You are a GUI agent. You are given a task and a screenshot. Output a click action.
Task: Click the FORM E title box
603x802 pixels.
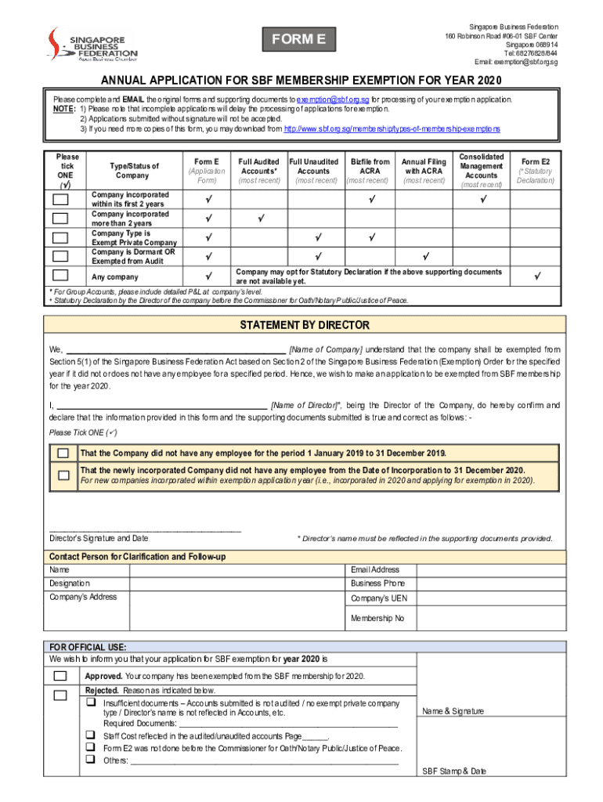coord(299,39)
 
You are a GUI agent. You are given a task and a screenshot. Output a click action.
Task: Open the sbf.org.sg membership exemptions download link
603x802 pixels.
coord(392,128)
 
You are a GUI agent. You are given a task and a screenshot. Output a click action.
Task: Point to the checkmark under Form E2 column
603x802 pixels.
coord(536,276)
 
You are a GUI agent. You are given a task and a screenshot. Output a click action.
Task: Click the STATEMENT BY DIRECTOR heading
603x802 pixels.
coord(304,325)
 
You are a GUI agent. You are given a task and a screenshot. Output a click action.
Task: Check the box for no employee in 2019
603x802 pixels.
coord(63,453)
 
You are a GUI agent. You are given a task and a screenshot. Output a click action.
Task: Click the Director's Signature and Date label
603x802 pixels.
coord(99,538)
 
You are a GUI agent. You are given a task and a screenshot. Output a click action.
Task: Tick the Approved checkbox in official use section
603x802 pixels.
coord(61,676)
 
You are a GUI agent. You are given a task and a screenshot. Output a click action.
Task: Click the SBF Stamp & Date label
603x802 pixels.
coord(454,771)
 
